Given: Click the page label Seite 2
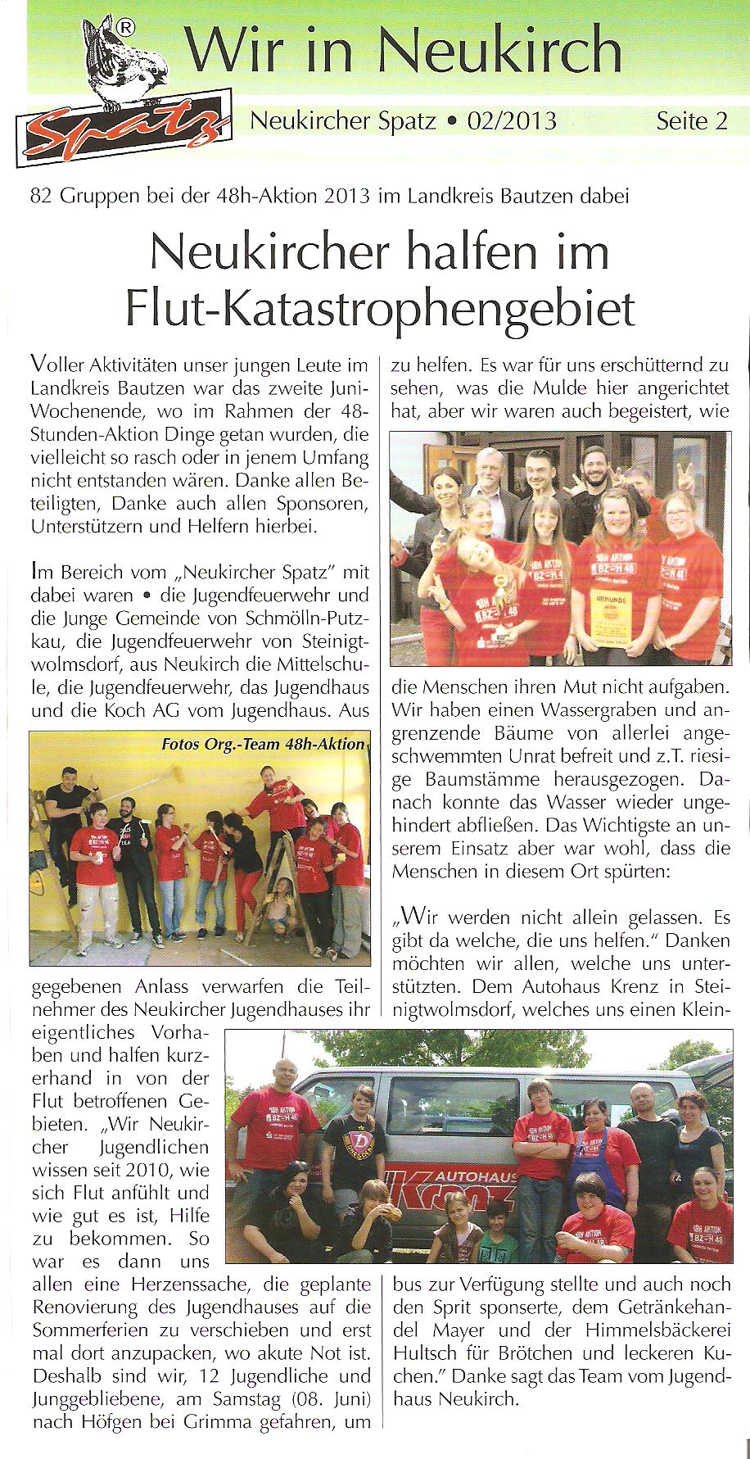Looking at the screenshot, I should point(691,121).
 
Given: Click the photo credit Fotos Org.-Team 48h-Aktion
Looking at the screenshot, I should point(263,745).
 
